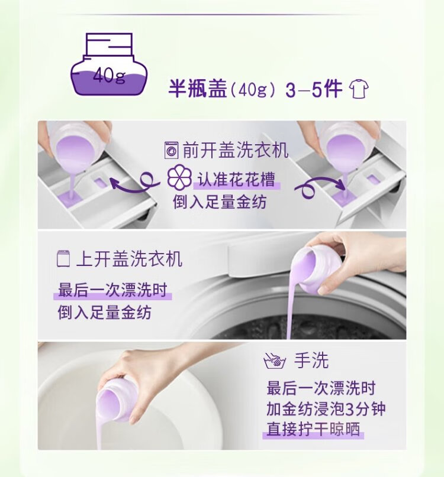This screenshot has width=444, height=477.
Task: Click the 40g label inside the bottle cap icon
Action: pos(109,75)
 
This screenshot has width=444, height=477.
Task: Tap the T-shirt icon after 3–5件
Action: pos(359,89)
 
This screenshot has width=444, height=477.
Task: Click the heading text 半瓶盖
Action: pos(198,89)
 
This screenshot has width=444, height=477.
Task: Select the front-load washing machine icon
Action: pos(171,150)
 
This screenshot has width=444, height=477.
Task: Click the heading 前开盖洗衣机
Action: pos(235,150)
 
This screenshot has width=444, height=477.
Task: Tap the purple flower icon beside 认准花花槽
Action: pos(179,178)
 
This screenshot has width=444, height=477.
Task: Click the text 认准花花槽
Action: pos(236,179)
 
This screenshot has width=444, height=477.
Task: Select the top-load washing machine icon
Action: pos(63,258)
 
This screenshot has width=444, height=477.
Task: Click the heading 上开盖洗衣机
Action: pos(129,258)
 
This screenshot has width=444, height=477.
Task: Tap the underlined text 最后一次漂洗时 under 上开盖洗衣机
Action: pos(112,290)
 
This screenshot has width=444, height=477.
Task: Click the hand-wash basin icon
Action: pos(275,361)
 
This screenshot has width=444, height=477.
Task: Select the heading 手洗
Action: pos(311,361)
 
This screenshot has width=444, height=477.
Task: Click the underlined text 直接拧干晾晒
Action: pos(313,429)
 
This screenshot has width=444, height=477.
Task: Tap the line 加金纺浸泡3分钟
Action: pos(326,409)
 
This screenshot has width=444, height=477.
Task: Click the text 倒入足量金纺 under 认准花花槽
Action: pos(220,202)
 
